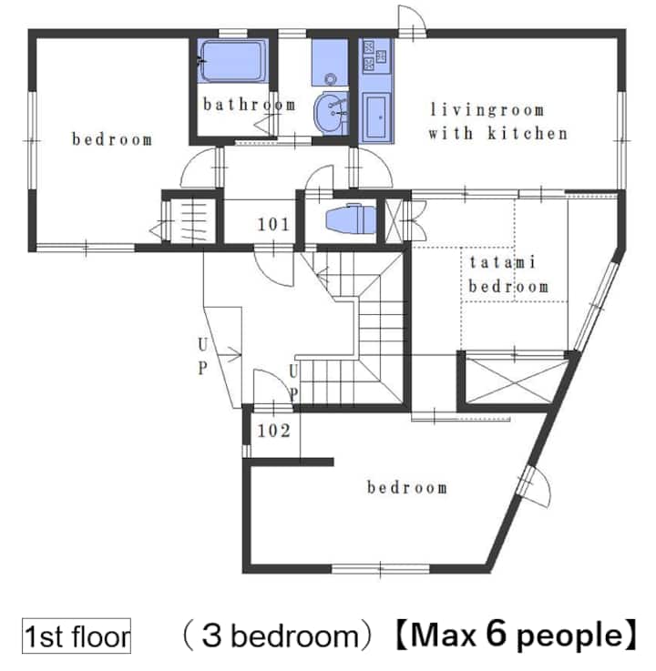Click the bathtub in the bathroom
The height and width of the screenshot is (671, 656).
(231, 60)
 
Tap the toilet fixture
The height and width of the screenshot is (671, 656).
(351, 219)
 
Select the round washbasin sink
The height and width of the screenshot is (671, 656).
(332, 112)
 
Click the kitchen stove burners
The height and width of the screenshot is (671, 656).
(374, 56)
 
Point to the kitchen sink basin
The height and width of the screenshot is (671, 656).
(376, 117)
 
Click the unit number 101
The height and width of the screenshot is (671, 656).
(273, 224)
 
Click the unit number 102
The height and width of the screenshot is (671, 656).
(274, 431)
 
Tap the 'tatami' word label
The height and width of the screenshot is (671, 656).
(502, 261)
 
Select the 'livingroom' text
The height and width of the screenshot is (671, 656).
(487, 109)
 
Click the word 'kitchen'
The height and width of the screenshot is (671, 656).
(528, 133)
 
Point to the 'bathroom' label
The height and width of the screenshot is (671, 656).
(250, 105)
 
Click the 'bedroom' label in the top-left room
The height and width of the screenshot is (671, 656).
(112, 139)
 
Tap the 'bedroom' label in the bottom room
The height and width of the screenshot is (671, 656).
(407, 487)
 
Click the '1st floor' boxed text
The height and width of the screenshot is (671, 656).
(77, 635)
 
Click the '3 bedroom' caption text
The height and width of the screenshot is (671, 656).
(280, 635)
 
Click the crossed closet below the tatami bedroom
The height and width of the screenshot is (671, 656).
(513, 381)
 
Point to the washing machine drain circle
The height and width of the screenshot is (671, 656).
(330, 78)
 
